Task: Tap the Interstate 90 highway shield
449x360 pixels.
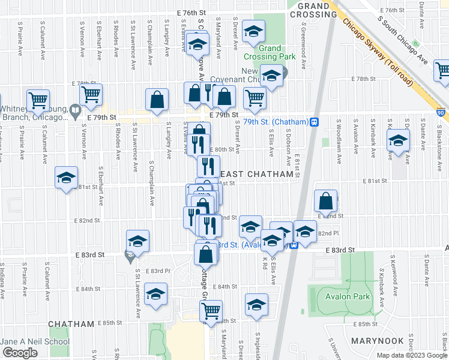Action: [x=442, y=112]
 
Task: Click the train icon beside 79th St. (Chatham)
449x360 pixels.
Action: [x=314, y=122]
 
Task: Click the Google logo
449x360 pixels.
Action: [x=20, y=353]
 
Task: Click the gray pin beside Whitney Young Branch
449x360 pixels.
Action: [x=75, y=111]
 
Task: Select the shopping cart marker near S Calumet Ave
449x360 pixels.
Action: [x=38, y=100]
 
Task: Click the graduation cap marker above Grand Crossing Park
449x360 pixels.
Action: [x=254, y=31]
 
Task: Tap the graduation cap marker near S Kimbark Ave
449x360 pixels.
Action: [x=398, y=142]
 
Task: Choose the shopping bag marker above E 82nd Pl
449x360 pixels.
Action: [x=326, y=200]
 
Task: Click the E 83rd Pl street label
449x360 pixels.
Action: [x=160, y=271]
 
